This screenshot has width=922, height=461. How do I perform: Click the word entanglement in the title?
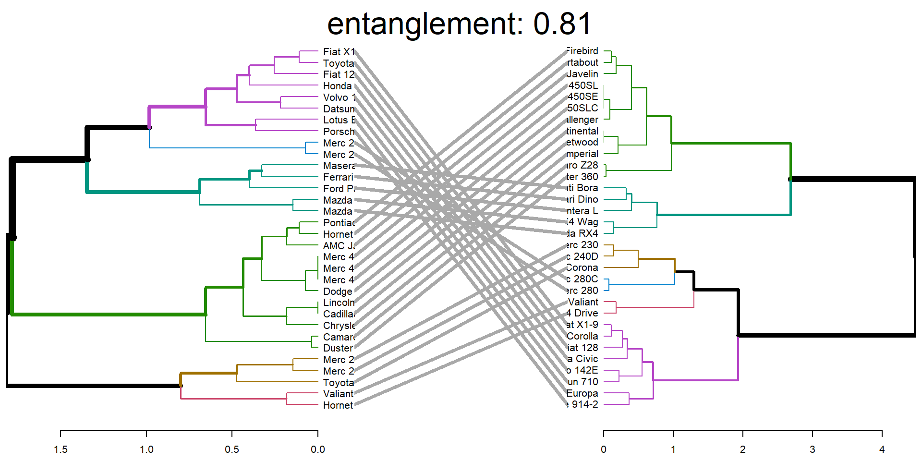pos(425,24)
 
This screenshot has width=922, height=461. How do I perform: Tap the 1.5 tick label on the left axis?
pos(61,449)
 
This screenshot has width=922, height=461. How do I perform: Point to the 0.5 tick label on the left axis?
pos(232,449)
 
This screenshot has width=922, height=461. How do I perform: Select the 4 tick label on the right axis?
pos(882,449)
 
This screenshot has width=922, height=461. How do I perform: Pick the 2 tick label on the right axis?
pos(742,449)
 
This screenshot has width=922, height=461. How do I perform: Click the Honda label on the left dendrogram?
pos(337,86)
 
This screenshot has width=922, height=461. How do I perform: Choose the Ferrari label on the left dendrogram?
pos(338,177)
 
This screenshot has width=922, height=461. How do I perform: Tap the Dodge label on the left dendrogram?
pos(338,291)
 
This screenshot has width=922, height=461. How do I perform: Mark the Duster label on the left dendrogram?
pos(338,348)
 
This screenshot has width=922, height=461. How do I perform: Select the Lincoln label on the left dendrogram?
pos(339,303)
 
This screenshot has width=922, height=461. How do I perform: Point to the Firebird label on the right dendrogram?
pos(582,51)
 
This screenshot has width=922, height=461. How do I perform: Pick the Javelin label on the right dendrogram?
pos(582,74)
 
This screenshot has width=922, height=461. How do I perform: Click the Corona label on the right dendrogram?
pos(582,267)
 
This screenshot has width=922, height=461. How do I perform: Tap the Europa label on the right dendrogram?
pos(582,393)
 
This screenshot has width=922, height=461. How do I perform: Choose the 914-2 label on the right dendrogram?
pos(584,404)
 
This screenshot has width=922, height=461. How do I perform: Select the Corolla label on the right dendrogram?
pos(582,336)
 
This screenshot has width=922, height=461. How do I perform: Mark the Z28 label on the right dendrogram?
pos(589,165)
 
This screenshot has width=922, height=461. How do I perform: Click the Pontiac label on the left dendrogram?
pos(339,223)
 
